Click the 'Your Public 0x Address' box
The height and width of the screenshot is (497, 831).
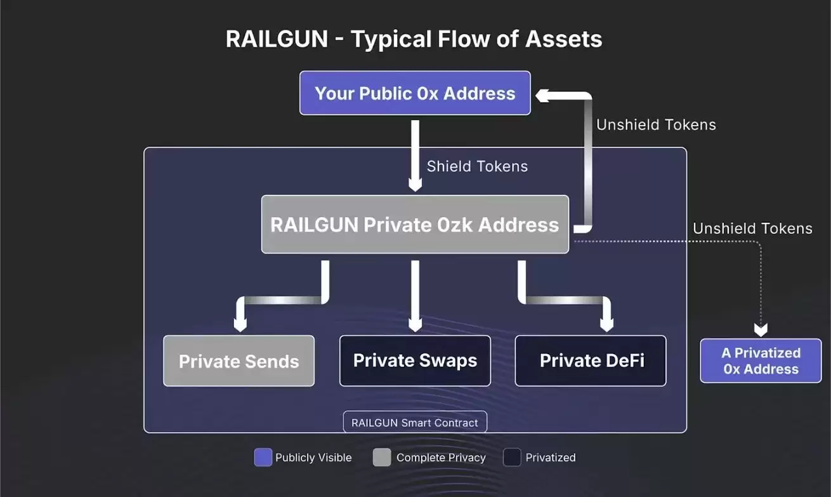coord(415,93)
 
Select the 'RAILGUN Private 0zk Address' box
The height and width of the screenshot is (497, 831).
coord(415,225)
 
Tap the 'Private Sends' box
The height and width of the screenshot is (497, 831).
coord(239,361)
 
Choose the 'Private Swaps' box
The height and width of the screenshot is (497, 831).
coord(415,361)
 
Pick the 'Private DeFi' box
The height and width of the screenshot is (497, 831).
coord(591,361)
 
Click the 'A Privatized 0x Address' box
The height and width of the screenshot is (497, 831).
coord(761,361)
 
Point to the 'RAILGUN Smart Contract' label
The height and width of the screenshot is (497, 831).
coord(415,422)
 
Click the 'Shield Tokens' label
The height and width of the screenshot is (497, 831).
coord(477,166)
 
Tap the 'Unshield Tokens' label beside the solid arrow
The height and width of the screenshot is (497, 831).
coord(656,124)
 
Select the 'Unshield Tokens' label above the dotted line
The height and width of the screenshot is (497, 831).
coord(752,229)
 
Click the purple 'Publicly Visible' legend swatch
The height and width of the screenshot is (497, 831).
coord(263,457)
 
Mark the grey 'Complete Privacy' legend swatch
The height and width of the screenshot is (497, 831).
coord(382,457)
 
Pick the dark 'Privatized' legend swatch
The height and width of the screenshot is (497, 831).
coord(512,457)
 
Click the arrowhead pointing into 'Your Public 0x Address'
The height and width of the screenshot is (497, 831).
coord(542,95)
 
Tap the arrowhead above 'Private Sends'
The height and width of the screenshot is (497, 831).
coord(240,323)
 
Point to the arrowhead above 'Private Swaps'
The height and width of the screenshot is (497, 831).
coord(415,323)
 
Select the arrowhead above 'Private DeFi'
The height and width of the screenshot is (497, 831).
coord(607,323)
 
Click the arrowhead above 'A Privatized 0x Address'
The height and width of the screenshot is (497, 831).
coord(761,329)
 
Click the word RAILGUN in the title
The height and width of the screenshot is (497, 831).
coord(277,39)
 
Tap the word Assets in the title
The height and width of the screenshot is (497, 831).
coord(563,39)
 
